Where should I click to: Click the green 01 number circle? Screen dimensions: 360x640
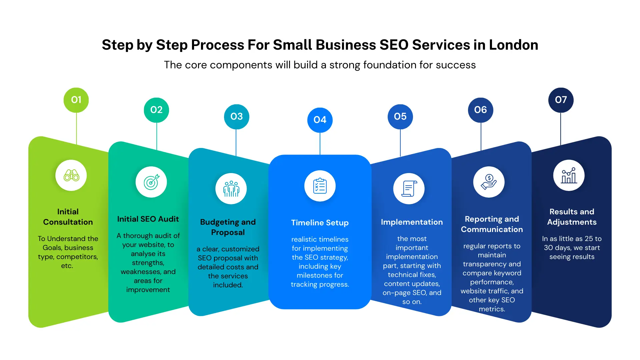[76, 100]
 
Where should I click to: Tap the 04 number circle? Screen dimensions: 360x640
[320, 120]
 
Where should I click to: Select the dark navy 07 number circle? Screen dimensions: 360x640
[561, 100]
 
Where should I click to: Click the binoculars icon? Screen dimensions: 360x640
[71, 175]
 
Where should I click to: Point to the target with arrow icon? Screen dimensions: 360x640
[151, 182]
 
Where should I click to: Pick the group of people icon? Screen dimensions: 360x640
[231, 189]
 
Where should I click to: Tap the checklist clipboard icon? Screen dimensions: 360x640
[320, 186]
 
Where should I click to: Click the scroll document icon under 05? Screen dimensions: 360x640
[409, 189]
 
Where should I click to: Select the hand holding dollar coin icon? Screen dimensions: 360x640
[489, 182]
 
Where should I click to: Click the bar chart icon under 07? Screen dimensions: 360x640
[569, 175]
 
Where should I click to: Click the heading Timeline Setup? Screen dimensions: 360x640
[320, 223]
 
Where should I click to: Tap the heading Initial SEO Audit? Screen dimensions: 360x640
[148, 219]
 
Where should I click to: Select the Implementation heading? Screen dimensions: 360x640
[412, 222]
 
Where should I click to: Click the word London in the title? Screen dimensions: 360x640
[513, 45]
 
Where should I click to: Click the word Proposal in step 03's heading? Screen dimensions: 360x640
[228, 232]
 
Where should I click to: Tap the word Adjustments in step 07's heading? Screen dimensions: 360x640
[572, 222]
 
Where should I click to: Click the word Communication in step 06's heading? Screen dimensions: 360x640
[492, 229]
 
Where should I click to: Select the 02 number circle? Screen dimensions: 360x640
[156, 110]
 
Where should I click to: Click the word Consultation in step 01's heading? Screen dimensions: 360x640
[68, 222]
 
